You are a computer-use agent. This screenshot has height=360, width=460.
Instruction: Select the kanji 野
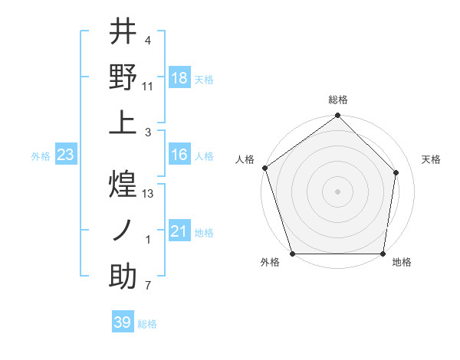pos(123,77)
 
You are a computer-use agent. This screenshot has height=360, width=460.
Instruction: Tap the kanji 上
pos(123,122)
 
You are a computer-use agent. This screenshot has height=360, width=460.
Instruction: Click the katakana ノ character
pos(123,230)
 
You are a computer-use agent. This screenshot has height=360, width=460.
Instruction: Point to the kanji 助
pos(123,276)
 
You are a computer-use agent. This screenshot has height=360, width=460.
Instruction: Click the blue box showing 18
pos(179,77)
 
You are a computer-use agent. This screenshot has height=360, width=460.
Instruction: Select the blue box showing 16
pos(179,155)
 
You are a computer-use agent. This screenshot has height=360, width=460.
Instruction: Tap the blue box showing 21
pos(179,231)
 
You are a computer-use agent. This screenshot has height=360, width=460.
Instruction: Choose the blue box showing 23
pos(66,155)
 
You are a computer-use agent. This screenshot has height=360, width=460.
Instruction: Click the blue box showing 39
pos(122,322)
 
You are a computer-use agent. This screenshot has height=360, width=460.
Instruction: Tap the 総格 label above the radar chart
pos(337,100)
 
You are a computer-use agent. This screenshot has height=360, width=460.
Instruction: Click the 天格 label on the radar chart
pos(431,159)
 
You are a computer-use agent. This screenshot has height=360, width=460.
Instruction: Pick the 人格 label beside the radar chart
pos(245,159)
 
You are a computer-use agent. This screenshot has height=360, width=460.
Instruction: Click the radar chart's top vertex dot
pos(337,116)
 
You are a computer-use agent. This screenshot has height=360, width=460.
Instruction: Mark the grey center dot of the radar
pos(337,191)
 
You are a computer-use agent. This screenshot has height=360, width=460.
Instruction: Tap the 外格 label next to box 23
pos(41,155)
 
